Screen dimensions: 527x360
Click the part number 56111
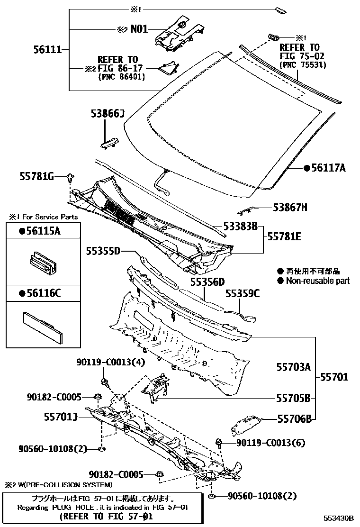47,49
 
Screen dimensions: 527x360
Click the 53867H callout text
290,207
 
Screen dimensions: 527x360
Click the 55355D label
103,251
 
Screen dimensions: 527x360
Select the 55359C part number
243,293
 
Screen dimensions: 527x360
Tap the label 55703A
294,366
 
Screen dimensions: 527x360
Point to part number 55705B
294,398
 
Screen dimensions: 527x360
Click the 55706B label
294,418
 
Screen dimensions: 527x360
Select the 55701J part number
60,417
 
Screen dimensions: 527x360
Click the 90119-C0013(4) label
110,363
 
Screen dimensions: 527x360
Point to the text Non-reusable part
317,281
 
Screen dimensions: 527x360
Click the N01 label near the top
139,29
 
